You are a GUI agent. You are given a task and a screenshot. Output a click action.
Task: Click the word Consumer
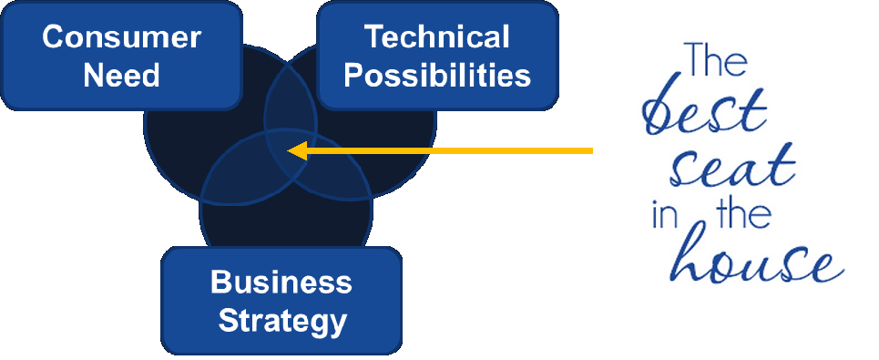click(x=121, y=38)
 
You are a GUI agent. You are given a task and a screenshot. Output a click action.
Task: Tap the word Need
click(x=121, y=75)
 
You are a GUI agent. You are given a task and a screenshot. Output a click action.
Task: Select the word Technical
click(x=436, y=38)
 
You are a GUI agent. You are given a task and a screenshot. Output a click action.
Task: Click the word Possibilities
click(x=436, y=75)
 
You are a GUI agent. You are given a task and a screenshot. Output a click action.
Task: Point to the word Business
click(x=281, y=283)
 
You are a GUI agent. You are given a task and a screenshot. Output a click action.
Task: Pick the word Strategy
click(x=281, y=320)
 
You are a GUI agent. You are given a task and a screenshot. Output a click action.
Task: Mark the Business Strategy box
click(x=281, y=301)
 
